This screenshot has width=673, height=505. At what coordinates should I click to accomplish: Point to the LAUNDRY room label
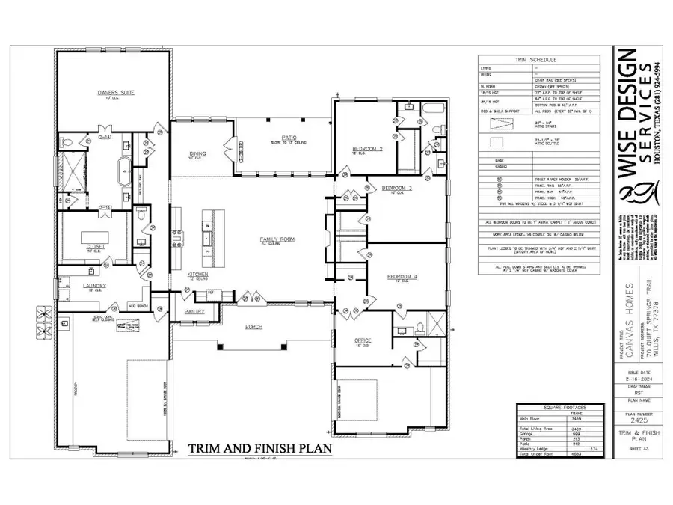[94, 286]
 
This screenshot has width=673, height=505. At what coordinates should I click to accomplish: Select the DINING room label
[197, 154]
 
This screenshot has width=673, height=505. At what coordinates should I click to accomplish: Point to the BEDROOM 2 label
[367, 149]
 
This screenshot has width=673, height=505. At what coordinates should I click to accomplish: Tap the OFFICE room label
[363, 341]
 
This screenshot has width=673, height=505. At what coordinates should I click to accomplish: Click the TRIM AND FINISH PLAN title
[259, 449]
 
